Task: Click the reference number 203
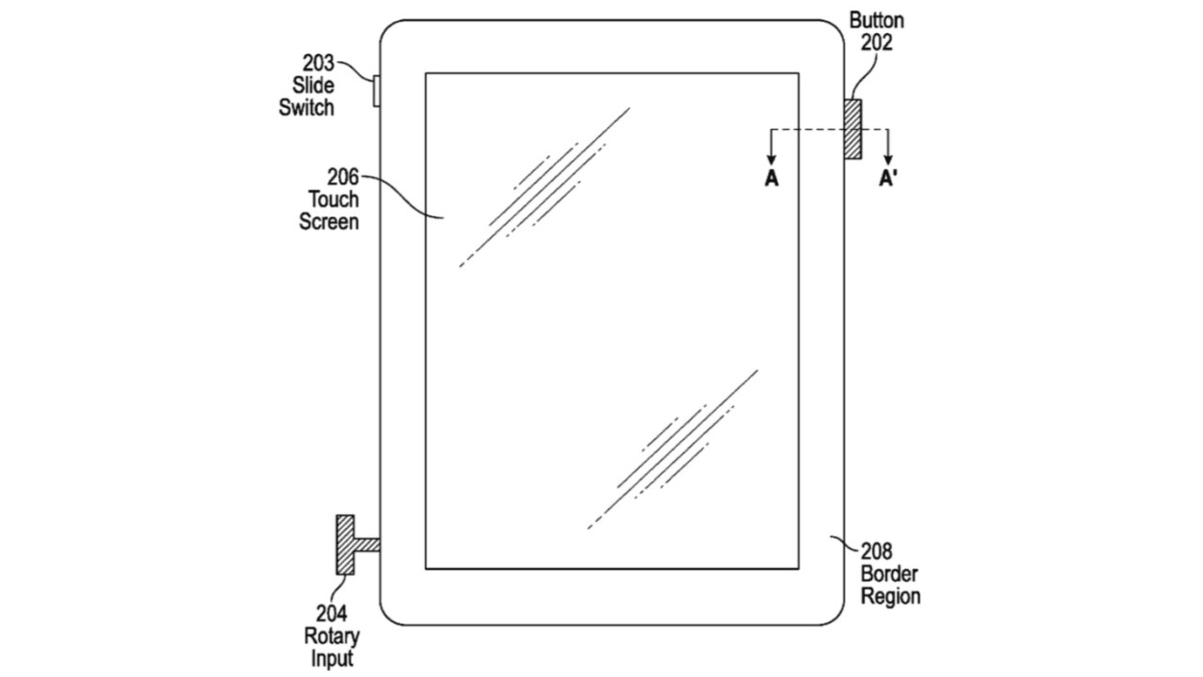click(318, 63)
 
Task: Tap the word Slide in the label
click(313, 86)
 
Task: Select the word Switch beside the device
click(306, 107)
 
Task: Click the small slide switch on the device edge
click(377, 91)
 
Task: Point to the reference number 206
click(343, 177)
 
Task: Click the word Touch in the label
click(334, 199)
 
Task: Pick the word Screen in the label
click(329, 222)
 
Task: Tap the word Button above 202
click(877, 21)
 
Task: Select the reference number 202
click(877, 42)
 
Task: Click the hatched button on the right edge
click(852, 129)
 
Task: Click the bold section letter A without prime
click(772, 178)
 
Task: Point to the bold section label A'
click(888, 178)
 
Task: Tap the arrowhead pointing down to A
click(772, 160)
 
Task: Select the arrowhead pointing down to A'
click(888, 160)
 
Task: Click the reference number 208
click(877, 551)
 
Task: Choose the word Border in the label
click(889, 574)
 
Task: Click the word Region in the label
click(891, 596)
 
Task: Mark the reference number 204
click(332, 614)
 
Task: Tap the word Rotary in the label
click(332, 637)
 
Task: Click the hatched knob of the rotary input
click(345, 544)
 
